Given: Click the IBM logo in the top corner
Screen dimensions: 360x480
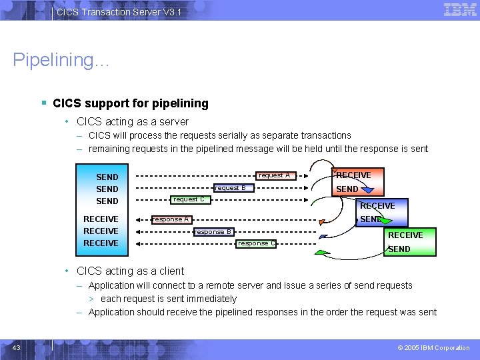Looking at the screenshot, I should point(459,9).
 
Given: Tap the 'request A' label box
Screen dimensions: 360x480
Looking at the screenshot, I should point(274,175).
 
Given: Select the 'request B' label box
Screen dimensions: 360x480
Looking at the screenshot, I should point(230,188).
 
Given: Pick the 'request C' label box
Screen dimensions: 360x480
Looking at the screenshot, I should point(189,199).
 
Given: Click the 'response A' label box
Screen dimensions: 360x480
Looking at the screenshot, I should point(170,219).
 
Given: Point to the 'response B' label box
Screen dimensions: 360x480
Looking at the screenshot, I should point(213,232).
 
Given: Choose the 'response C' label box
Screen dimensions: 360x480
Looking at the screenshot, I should point(257,243).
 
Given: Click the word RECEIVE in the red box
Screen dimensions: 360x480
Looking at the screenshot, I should point(353,175).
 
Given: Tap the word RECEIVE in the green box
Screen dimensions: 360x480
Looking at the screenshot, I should point(405,235).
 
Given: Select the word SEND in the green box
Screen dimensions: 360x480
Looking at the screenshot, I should point(399,249).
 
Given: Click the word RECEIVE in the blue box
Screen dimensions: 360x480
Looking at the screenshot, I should point(377,206).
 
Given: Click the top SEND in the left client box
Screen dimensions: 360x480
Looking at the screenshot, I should point(107,177).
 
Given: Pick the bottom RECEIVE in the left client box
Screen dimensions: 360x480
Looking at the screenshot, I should point(101,243).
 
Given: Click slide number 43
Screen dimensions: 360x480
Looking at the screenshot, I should point(17,347).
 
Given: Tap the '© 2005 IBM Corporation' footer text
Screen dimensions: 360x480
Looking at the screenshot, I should point(433,348).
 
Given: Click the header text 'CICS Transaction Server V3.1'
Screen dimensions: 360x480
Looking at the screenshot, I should point(119,12).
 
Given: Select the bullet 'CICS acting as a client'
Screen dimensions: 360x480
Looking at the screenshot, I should point(130,271).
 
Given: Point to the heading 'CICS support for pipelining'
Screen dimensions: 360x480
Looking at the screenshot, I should point(130,103).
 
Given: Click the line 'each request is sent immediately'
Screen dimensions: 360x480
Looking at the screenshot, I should point(168,299).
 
